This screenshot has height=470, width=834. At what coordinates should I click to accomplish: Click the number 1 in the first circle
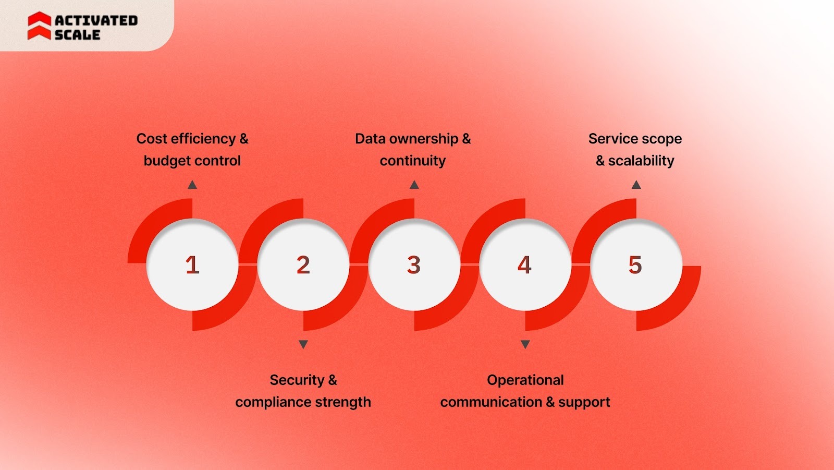click(x=192, y=265)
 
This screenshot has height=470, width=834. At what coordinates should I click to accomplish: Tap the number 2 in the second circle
click(x=303, y=265)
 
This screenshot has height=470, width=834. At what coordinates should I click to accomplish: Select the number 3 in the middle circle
click(x=414, y=265)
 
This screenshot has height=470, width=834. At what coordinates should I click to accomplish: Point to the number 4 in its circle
click(x=524, y=265)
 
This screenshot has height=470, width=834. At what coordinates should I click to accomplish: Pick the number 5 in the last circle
click(x=635, y=265)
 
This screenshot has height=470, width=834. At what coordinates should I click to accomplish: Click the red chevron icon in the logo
click(x=39, y=26)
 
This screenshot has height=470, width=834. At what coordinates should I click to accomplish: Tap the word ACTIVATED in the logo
click(x=96, y=20)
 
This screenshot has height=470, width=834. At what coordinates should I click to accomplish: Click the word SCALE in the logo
click(x=77, y=35)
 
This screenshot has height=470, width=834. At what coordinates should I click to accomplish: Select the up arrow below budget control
click(x=192, y=185)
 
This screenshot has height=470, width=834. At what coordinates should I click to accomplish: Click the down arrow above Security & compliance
click(x=303, y=344)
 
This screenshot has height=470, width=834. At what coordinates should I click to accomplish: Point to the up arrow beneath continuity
click(x=414, y=185)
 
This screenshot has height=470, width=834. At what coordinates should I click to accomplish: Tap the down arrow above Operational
click(x=525, y=344)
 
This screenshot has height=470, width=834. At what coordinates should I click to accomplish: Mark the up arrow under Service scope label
click(x=636, y=185)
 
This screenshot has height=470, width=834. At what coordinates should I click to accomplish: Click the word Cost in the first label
click(x=152, y=139)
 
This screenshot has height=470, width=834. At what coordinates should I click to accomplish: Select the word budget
click(x=165, y=161)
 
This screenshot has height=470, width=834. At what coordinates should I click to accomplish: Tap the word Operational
click(x=525, y=380)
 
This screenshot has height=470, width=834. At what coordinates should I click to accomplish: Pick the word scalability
click(x=641, y=161)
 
